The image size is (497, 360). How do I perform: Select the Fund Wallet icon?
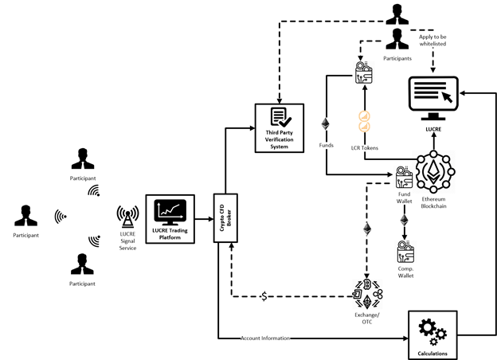[x=404, y=177]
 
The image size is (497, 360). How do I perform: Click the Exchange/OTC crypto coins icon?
[x=368, y=292]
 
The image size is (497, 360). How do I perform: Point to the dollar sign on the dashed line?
[x=264, y=296]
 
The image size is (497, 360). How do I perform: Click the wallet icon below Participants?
[x=363, y=76]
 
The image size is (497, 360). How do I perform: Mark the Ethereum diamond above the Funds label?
[x=324, y=124]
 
